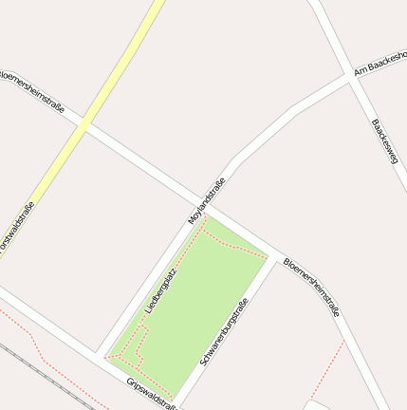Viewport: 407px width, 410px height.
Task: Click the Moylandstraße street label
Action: point(207,201)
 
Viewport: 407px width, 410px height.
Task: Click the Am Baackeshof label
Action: point(379,63)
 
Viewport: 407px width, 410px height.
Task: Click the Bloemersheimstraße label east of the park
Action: point(312,286)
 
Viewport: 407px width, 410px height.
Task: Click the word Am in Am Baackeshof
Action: point(360,71)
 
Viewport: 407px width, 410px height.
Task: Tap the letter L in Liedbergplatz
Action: point(148,311)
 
